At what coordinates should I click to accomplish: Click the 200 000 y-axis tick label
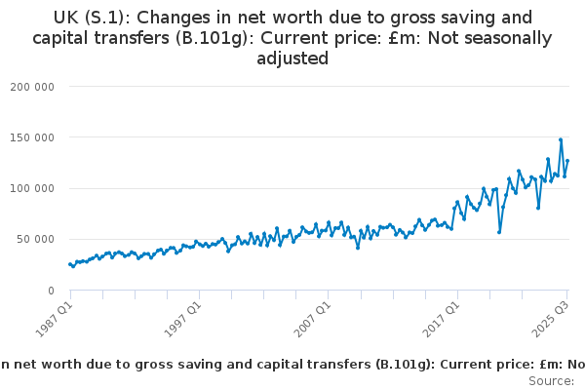[34, 86]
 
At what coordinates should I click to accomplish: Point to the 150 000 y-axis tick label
[34, 137]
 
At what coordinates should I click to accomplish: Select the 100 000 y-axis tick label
[34, 188]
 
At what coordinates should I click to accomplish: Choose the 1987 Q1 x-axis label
[55, 316]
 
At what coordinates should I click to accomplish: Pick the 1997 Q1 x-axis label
[184, 316]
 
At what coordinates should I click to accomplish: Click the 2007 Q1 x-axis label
[313, 316]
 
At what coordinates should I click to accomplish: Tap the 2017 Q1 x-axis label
[442, 316]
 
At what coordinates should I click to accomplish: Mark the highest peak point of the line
[561, 139]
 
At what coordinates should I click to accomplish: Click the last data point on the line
[567, 161]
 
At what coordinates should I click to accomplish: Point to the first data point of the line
[70, 264]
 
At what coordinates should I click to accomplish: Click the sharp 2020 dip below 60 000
[499, 232]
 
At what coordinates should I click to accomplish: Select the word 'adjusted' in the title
[292, 58]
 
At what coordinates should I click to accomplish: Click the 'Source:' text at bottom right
[552, 381]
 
